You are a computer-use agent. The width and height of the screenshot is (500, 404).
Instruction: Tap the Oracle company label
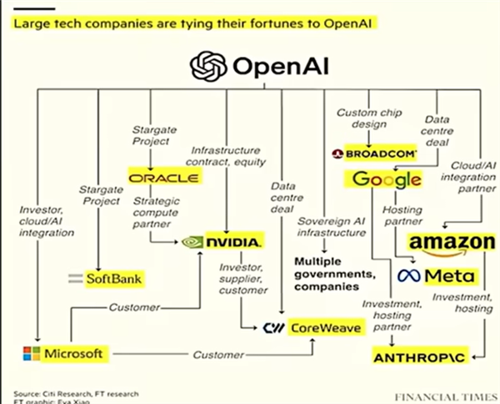(164, 178)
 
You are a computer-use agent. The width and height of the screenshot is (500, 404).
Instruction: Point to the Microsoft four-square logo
(31, 354)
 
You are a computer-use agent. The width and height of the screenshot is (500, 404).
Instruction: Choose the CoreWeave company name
(325, 328)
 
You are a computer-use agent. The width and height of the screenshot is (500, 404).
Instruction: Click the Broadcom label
(371, 154)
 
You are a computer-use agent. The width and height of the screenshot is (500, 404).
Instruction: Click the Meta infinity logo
(407, 275)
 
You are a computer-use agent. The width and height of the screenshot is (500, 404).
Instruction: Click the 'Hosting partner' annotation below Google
(402, 216)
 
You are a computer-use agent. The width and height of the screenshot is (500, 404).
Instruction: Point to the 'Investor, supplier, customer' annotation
(245, 280)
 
